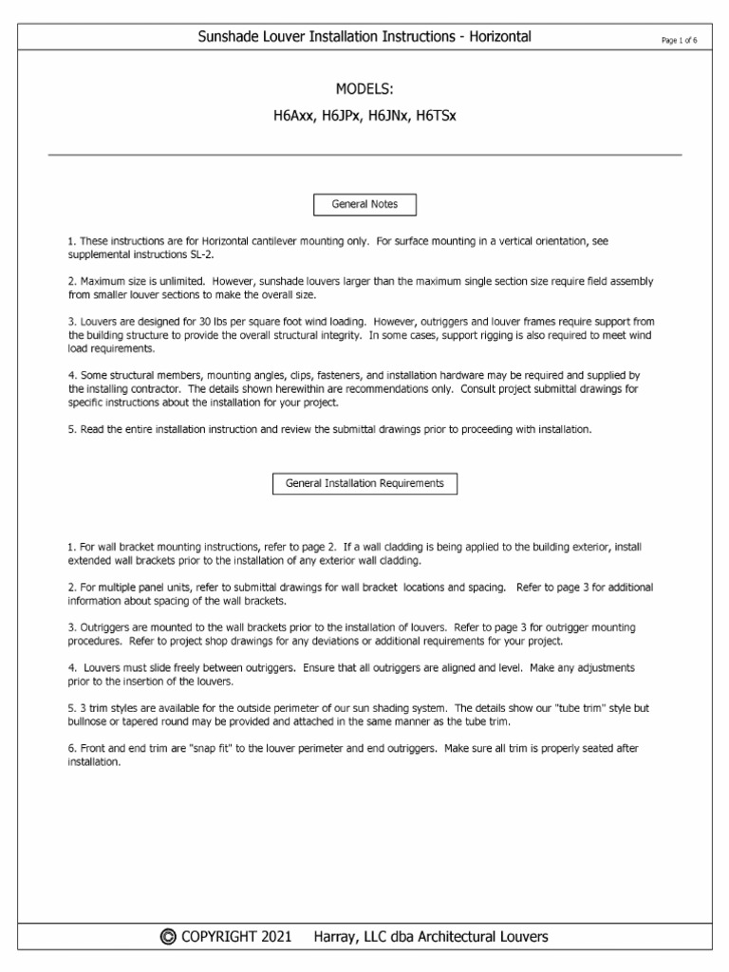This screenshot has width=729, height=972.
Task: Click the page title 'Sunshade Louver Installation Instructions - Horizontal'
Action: [x=364, y=37]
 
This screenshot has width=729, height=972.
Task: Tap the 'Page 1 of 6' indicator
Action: [x=679, y=39]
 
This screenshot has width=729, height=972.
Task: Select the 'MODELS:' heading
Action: [x=364, y=89]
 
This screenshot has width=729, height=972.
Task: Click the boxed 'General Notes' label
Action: [x=364, y=204]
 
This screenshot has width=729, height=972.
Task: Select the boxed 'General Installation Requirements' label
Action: [x=364, y=483]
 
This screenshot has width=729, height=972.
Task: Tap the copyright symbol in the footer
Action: [x=168, y=937]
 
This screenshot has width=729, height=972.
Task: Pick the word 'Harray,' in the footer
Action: [x=336, y=937]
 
